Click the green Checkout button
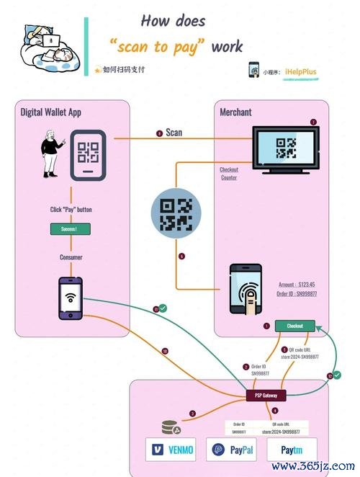(x=295, y=326)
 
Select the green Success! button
(x=70, y=228)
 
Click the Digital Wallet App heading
(x=51, y=112)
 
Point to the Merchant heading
(x=236, y=112)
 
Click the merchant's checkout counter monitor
(x=286, y=148)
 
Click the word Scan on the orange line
(x=174, y=133)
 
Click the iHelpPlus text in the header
(x=300, y=72)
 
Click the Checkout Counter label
(x=229, y=173)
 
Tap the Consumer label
(x=70, y=257)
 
